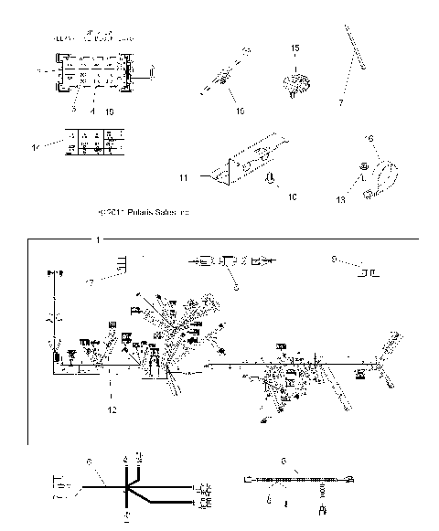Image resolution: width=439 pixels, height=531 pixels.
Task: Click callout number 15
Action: click(295, 47)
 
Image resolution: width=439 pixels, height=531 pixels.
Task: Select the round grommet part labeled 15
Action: click(294, 84)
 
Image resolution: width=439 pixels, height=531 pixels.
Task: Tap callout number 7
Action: click(340, 103)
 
